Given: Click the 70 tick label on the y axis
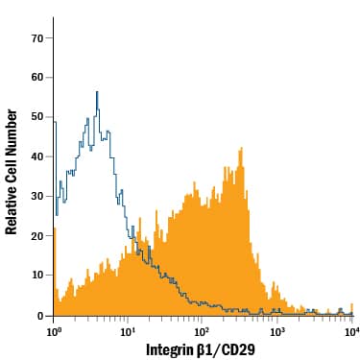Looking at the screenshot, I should pos(36,37).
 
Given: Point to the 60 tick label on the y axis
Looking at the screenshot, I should pos(36,77).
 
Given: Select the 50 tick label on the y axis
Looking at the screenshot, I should pos(36,117).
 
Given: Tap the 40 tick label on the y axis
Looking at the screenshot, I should pos(36,156).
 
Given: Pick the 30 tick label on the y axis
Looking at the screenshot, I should pos(36,196).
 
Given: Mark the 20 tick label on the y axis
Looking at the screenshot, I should pos(36,235).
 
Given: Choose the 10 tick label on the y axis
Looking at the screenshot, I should pos(36,276).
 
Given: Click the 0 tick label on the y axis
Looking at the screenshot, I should pos(39,315).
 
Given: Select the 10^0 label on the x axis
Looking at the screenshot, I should pos(54,331).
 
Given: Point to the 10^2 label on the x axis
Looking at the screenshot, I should pos(203,331).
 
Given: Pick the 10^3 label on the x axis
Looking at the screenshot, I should pos(276,331).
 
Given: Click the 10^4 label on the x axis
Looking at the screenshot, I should pos(350,331).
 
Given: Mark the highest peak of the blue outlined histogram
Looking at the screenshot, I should pos(98,92).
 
